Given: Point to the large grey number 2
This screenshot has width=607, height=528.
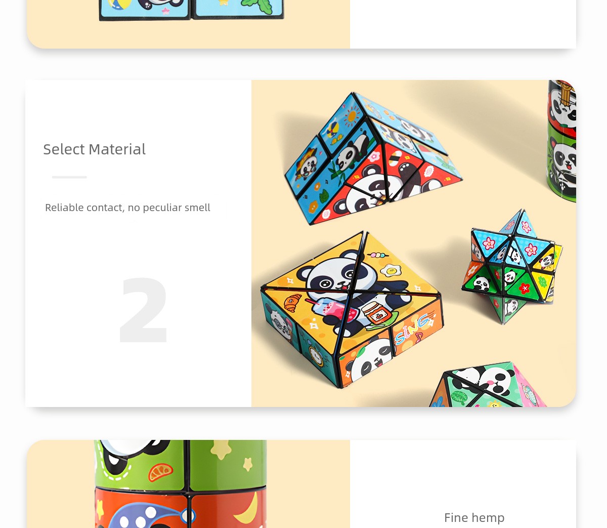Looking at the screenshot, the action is (x=144, y=310).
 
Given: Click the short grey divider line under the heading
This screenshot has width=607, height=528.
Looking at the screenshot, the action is (x=69, y=177).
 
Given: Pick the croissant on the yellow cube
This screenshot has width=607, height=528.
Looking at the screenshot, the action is (x=292, y=302).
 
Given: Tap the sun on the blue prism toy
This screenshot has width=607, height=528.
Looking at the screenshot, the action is (x=352, y=116).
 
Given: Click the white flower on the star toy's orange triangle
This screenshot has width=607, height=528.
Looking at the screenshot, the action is (x=472, y=270).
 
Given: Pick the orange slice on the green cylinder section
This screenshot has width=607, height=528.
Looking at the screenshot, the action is (x=160, y=472).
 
